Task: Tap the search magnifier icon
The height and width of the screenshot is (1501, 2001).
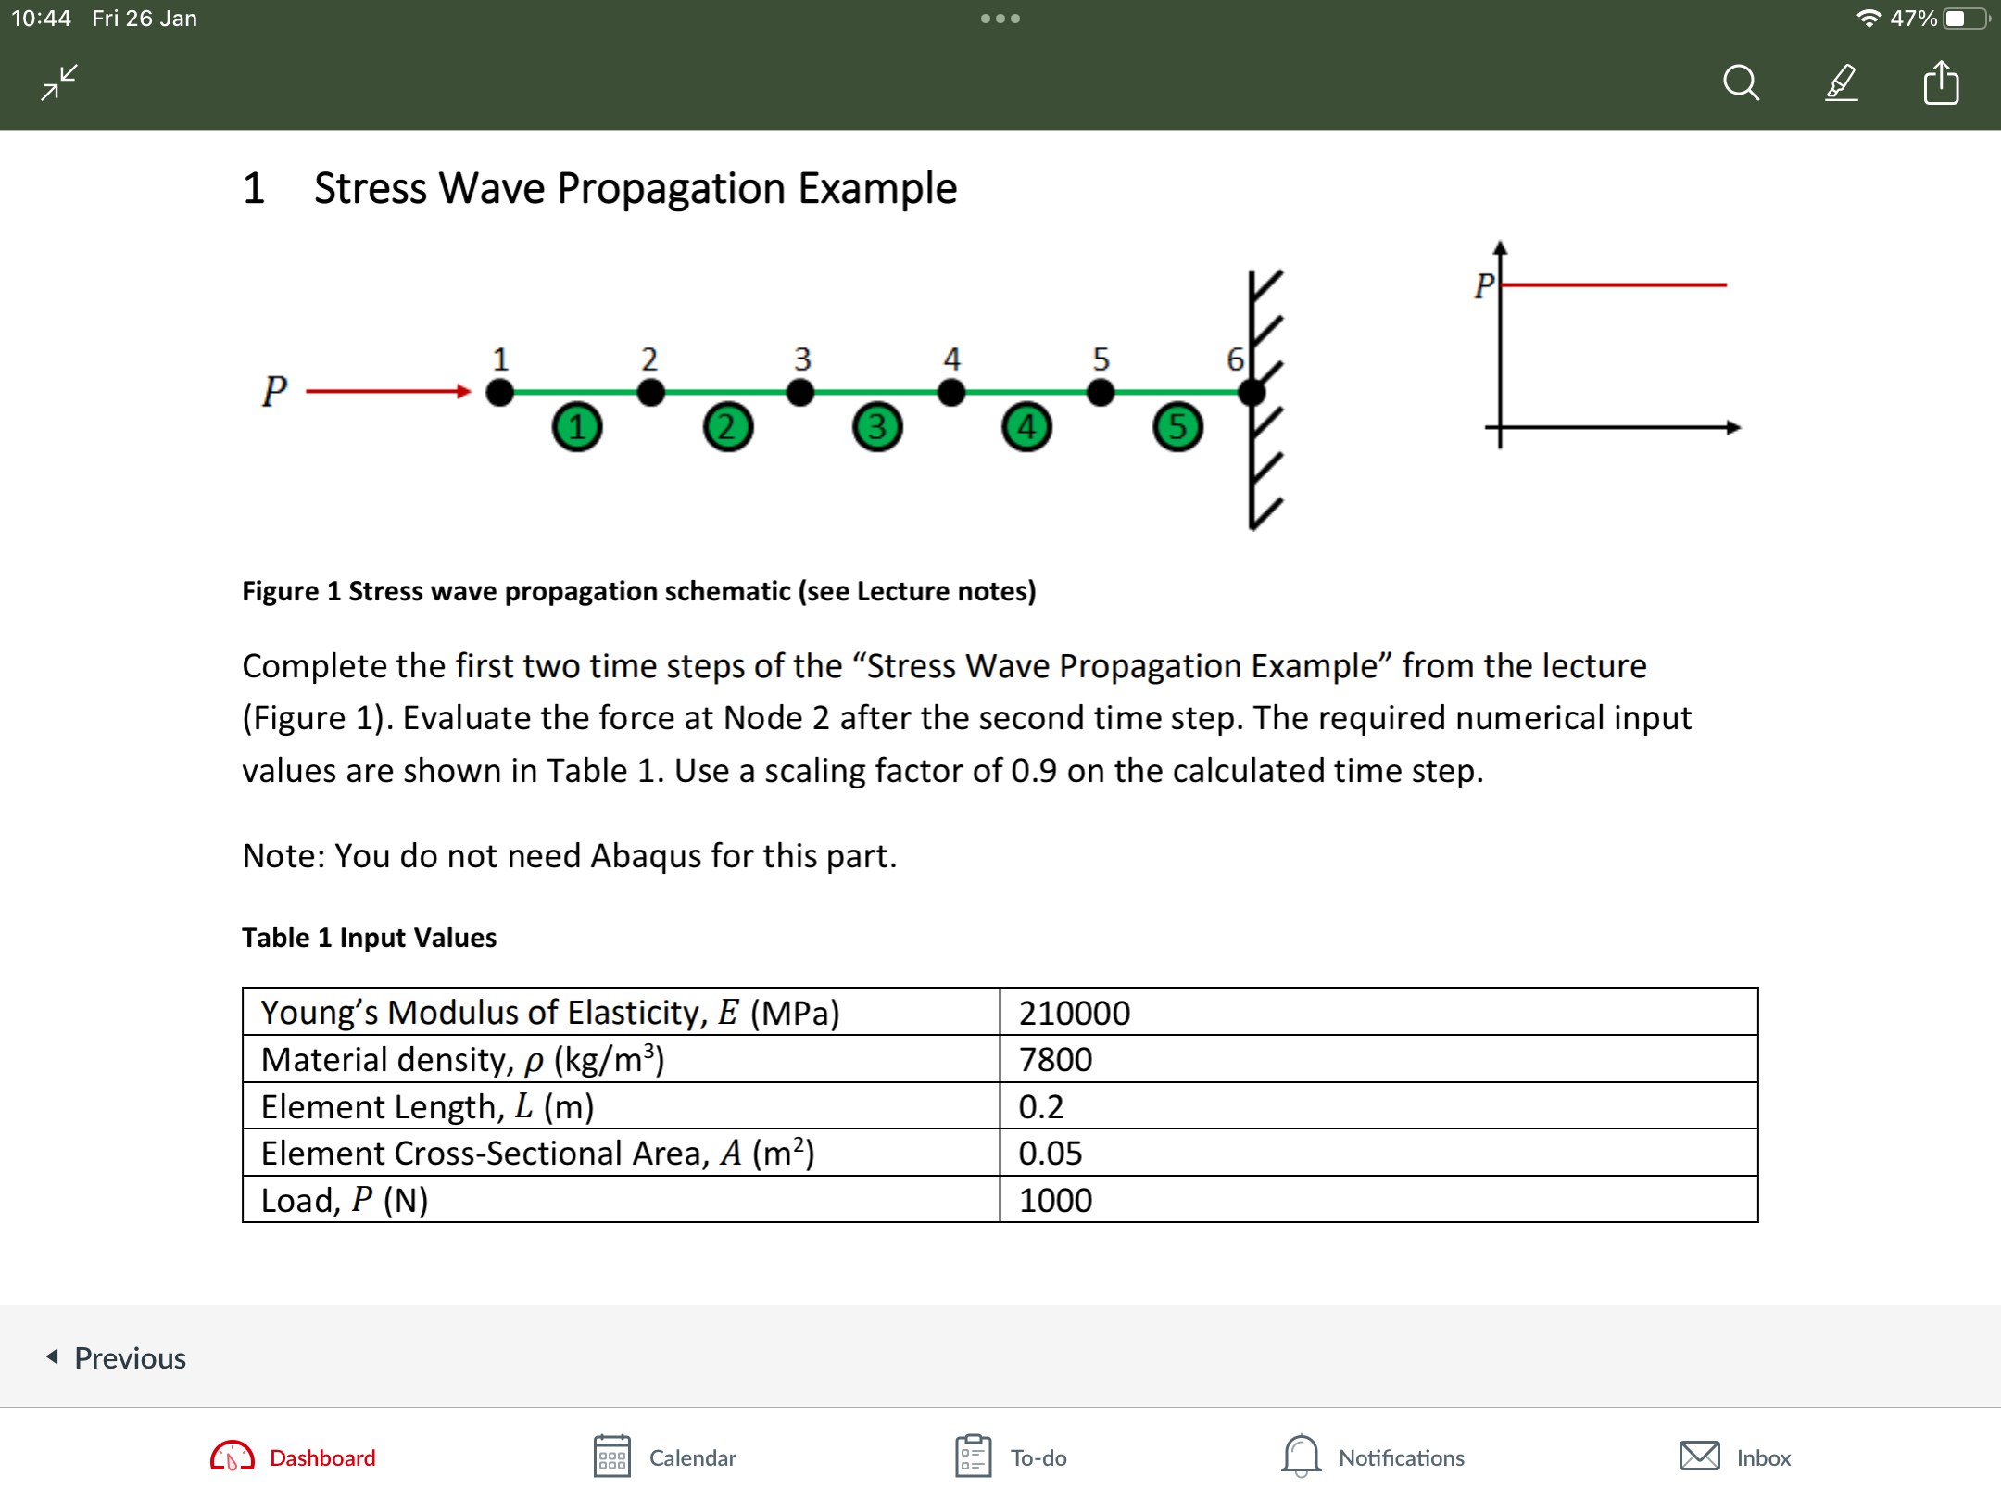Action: point(1741,82)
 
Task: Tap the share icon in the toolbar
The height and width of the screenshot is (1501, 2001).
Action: point(1940,82)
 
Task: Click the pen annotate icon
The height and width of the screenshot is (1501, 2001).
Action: point(1841,82)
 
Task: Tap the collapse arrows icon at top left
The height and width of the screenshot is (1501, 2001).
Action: point(59,82)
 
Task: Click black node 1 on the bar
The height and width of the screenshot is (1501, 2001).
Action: point(499,393)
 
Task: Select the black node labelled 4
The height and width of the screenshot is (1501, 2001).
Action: point(950,393)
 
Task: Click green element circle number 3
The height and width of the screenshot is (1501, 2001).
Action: point(876,427)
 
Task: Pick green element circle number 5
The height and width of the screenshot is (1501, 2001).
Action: point(1177,427)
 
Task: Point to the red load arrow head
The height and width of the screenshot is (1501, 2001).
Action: point(464,392)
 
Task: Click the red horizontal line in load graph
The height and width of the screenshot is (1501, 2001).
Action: point(1612,284)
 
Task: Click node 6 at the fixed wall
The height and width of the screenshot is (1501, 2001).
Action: point(1251,393)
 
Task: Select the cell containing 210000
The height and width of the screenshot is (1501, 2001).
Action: point(1074,1013)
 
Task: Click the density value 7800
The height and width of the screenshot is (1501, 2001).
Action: point(1055,1059)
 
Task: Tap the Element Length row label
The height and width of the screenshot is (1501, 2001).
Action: point(427,1106)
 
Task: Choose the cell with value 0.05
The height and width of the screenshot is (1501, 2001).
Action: point(1050,1154)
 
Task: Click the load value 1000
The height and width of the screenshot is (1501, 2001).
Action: point(1055,1201)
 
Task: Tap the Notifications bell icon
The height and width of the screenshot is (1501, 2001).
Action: point(1301,1456)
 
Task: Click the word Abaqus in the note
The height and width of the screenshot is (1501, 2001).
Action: point(646,855)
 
